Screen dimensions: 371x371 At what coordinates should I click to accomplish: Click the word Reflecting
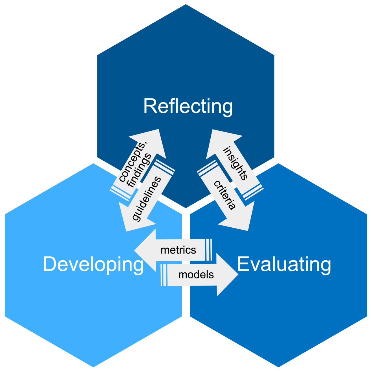(x=188, y=106)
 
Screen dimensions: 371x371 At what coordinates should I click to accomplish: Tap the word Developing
(x=93, y=264)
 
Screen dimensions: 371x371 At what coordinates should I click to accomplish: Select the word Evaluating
(x=284, y=264)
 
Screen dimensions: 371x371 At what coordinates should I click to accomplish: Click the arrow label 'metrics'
(x=178, y=250)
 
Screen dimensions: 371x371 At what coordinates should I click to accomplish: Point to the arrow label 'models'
(x=196, y=275)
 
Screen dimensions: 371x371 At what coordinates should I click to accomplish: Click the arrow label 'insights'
(x=236, y=163)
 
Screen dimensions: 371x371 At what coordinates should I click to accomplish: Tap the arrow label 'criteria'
(x=225, y=195)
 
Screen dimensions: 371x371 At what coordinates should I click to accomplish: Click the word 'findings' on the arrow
(x=139, y=170)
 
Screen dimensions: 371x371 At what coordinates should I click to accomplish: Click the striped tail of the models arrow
(x=164, y=275)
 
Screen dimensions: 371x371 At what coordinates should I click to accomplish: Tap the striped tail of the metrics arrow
(x=208, y=250)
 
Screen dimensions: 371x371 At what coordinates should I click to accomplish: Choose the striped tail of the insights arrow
(x=253, y=192)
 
